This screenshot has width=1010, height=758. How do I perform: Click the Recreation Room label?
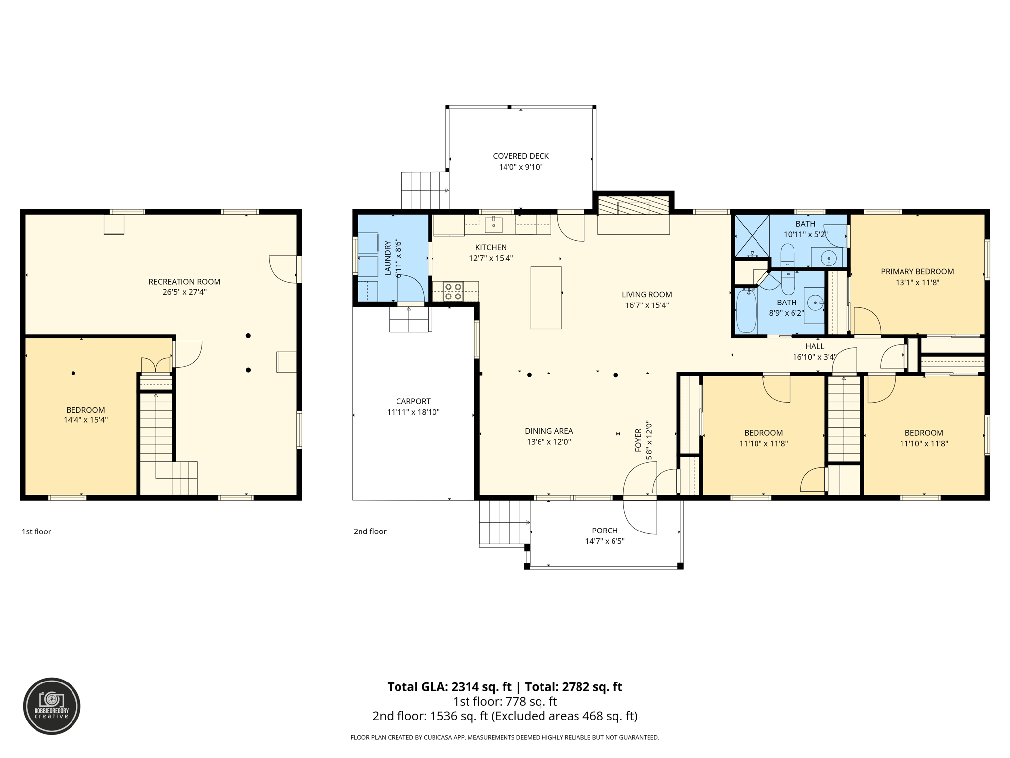pos(184,282)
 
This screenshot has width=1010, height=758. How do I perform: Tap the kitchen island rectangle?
pos(545,298)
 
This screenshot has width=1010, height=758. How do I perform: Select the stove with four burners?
pos(453,291)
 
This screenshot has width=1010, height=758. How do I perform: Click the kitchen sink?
pos(493,225)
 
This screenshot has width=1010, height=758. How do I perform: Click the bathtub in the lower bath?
pos(746,311)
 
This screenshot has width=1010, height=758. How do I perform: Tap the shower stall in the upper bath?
pos(752,236)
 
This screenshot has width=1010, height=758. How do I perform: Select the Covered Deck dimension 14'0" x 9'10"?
pos(520,167)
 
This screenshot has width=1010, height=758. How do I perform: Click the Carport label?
pos(413,401)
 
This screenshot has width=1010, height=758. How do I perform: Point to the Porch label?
pos(605,531)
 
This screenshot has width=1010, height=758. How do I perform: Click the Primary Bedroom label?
pos(917,271)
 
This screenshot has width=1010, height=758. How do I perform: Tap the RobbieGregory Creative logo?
pos(52,706)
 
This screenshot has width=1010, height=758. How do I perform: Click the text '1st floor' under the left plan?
pos(36,531)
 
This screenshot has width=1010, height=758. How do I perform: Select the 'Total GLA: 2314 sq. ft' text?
pos(449,687)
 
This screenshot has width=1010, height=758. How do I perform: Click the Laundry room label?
pos(388,258)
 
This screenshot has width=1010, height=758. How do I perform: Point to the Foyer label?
pos(638,440)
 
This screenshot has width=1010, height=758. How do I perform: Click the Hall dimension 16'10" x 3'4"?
pos(814,357)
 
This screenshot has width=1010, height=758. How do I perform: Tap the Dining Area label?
pos(548,431)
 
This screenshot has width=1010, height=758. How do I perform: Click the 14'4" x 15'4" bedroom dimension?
pos(85,420)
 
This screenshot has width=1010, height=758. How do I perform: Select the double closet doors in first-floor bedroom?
pos(155,365)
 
